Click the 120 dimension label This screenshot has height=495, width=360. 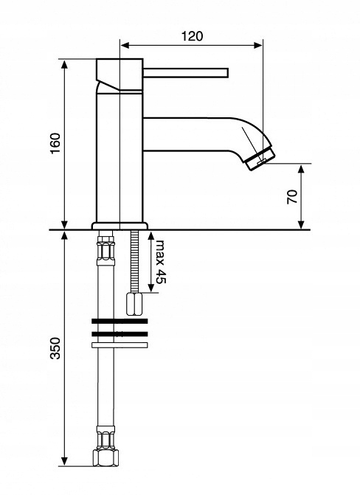coord(192,36)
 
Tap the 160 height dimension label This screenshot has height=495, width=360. coord(55,143)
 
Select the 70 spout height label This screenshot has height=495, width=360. coord(292,197)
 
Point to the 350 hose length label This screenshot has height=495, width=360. coord(55,348)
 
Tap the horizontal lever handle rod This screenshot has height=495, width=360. coord(185,72)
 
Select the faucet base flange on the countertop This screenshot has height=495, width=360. coord(120,226)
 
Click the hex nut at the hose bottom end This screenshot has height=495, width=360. coord(105,458)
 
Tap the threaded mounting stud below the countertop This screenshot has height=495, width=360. coord(134,261)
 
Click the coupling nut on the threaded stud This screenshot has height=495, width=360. coord(134,304)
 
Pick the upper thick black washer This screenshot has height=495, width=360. coord(120,322)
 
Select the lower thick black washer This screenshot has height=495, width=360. coord(120,334)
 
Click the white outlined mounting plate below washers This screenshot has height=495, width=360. coord(120,345)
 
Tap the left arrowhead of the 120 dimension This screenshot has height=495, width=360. coord(125,46)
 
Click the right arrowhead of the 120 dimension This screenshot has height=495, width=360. coord(258,46)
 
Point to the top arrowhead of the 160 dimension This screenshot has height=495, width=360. coord(64,63)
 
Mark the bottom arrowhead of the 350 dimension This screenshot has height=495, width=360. coord(64,461)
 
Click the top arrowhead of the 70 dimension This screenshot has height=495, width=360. coord(301,169)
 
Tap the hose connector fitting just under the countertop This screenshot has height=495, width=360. coord(105,248)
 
